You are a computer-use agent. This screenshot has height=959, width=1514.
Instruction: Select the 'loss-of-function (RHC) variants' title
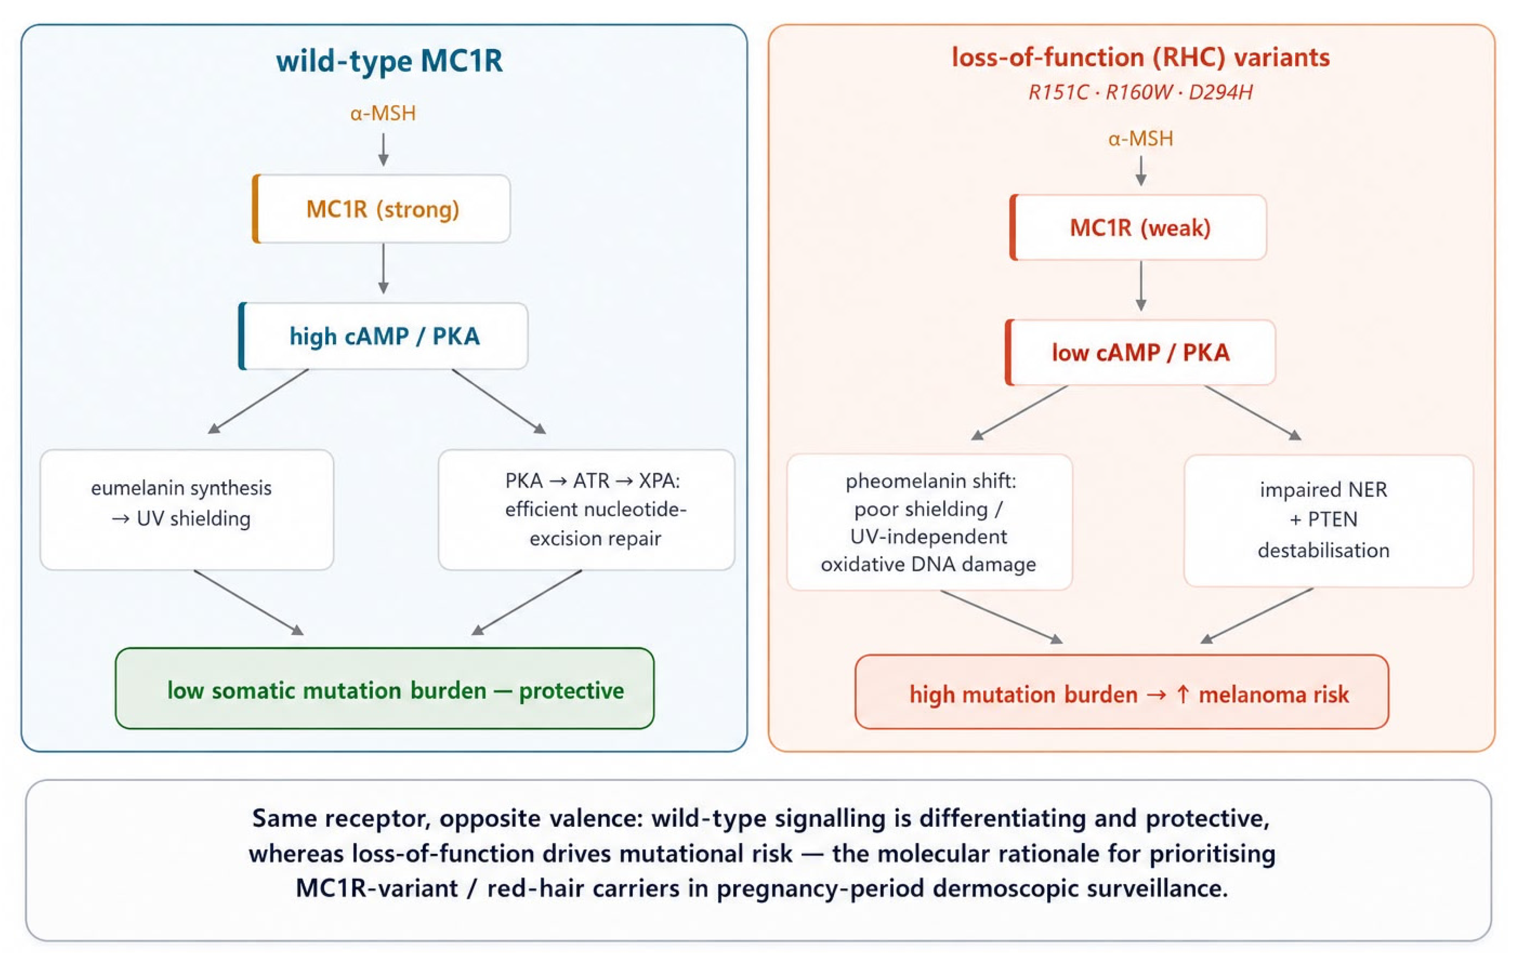[x=1141, y=57]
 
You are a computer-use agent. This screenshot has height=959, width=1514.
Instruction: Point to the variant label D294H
[x=1221, y=92]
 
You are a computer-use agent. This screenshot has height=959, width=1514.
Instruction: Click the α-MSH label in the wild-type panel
[x=383, y=113]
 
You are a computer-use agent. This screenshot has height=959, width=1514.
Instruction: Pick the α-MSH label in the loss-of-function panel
[x=1141, y=138]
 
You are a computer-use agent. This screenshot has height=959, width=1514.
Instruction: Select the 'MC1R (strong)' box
[x=382, y=208]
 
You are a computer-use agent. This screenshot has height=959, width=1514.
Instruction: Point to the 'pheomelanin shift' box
[x=930, y=522]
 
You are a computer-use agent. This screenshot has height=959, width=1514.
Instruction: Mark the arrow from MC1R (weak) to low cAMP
[x=1141, y=286]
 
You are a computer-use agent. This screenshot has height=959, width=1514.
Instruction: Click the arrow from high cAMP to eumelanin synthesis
[x=259, y=401]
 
